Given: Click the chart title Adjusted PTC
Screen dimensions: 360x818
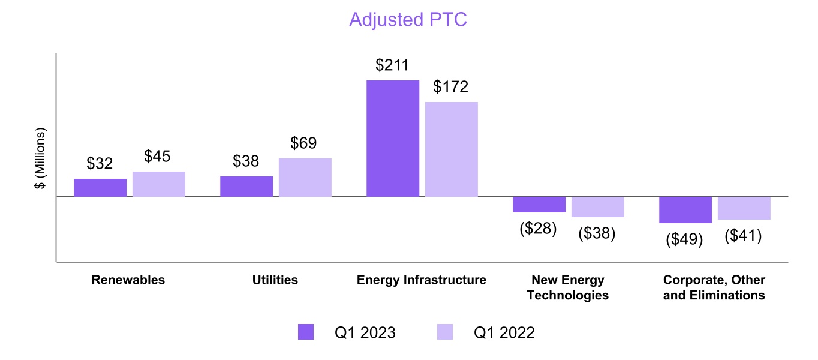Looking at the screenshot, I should tap(408, 20).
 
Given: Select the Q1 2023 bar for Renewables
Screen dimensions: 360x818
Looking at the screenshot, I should tap(100, 187).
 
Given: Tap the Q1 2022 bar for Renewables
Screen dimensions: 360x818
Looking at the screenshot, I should tap(159, 184).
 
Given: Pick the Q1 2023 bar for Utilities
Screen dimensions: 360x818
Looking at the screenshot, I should tap(246, 186).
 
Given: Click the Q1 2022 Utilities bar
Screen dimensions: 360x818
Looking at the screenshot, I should tap(305, 177).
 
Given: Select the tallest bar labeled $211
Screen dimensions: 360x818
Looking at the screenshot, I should tap(393, 138).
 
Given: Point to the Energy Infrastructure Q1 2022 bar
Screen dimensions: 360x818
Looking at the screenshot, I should tap(452, 149).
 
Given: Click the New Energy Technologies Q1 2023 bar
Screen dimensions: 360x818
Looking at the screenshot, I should tap(539, 204).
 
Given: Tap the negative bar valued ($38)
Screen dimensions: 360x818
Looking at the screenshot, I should tap(598, 206).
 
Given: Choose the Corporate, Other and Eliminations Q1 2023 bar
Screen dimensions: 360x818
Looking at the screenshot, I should tap(685, 209).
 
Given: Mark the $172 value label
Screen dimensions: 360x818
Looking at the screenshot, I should tap(452, 87).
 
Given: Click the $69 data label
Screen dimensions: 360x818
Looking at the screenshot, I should tap(303, 143).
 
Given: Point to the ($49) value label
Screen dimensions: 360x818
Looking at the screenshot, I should tap(684, 239).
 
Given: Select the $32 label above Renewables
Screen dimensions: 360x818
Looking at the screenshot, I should tap(100, 164).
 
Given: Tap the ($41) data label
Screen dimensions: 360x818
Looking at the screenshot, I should tap(743, 236).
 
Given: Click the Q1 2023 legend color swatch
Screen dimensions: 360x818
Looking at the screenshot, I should tap(306, 332).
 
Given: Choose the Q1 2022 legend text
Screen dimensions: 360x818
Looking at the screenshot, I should tap(504, 332).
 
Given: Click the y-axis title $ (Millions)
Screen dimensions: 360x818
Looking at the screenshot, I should tap(40, 158).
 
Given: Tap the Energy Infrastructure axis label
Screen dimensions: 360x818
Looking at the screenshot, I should tap(422, 280).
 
